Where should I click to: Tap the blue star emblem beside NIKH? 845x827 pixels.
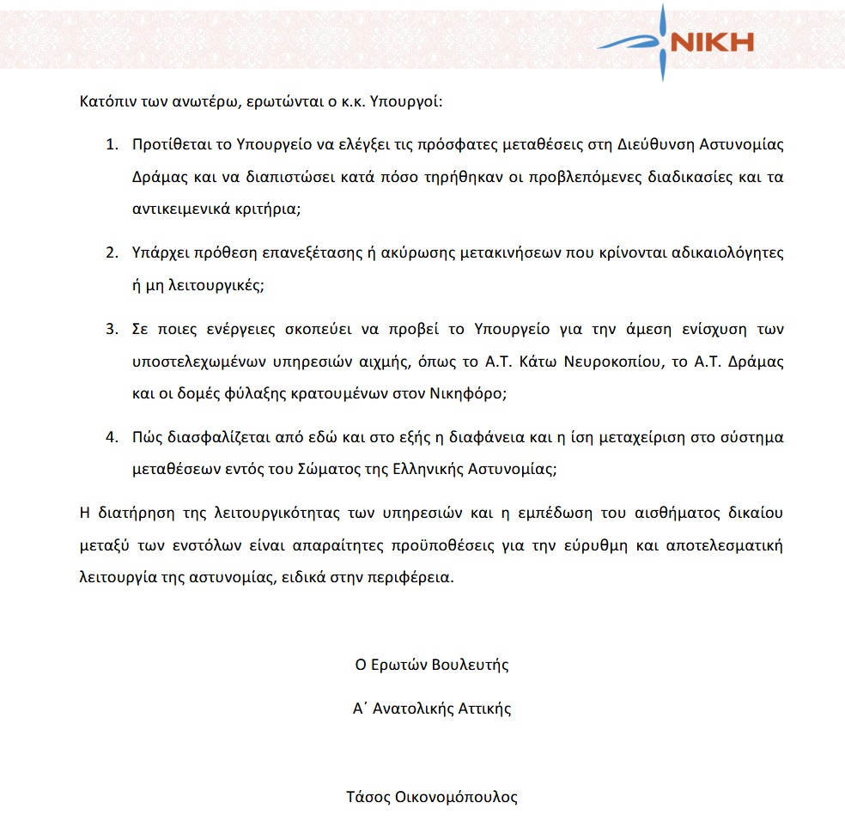tap(662, 41)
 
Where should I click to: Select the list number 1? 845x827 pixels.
tap(111, 144)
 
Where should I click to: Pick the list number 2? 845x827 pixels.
tap(111, 254)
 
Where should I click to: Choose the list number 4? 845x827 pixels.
tap(111, 438)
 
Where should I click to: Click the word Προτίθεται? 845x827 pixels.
tap(170, 144)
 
